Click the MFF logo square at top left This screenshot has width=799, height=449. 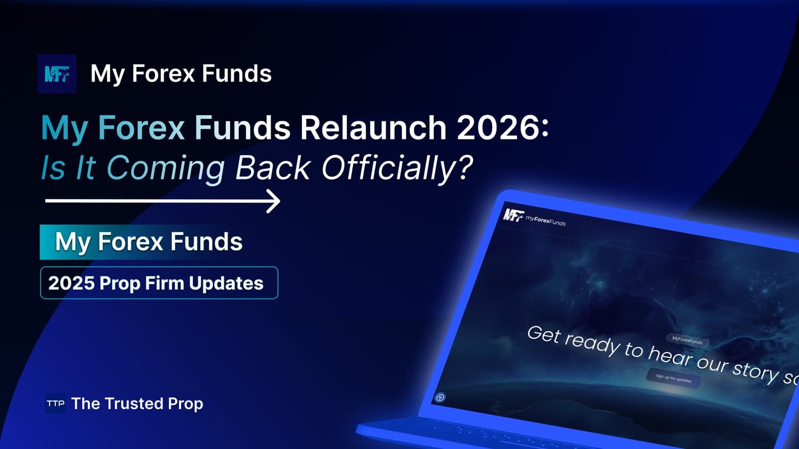[57, 74]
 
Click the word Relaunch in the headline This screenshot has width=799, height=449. [373, 128]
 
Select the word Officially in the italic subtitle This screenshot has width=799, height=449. [397, 168]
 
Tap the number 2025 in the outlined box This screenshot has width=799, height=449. [71, 283]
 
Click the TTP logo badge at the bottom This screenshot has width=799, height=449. [55, 403]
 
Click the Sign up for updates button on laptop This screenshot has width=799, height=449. [673, 379]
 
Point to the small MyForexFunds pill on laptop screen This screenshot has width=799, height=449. [687, 340]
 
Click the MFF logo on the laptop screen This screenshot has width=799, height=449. [513, 215]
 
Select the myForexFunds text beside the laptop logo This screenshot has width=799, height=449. [545, 219]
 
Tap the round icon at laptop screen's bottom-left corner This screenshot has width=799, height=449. [440, 397]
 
